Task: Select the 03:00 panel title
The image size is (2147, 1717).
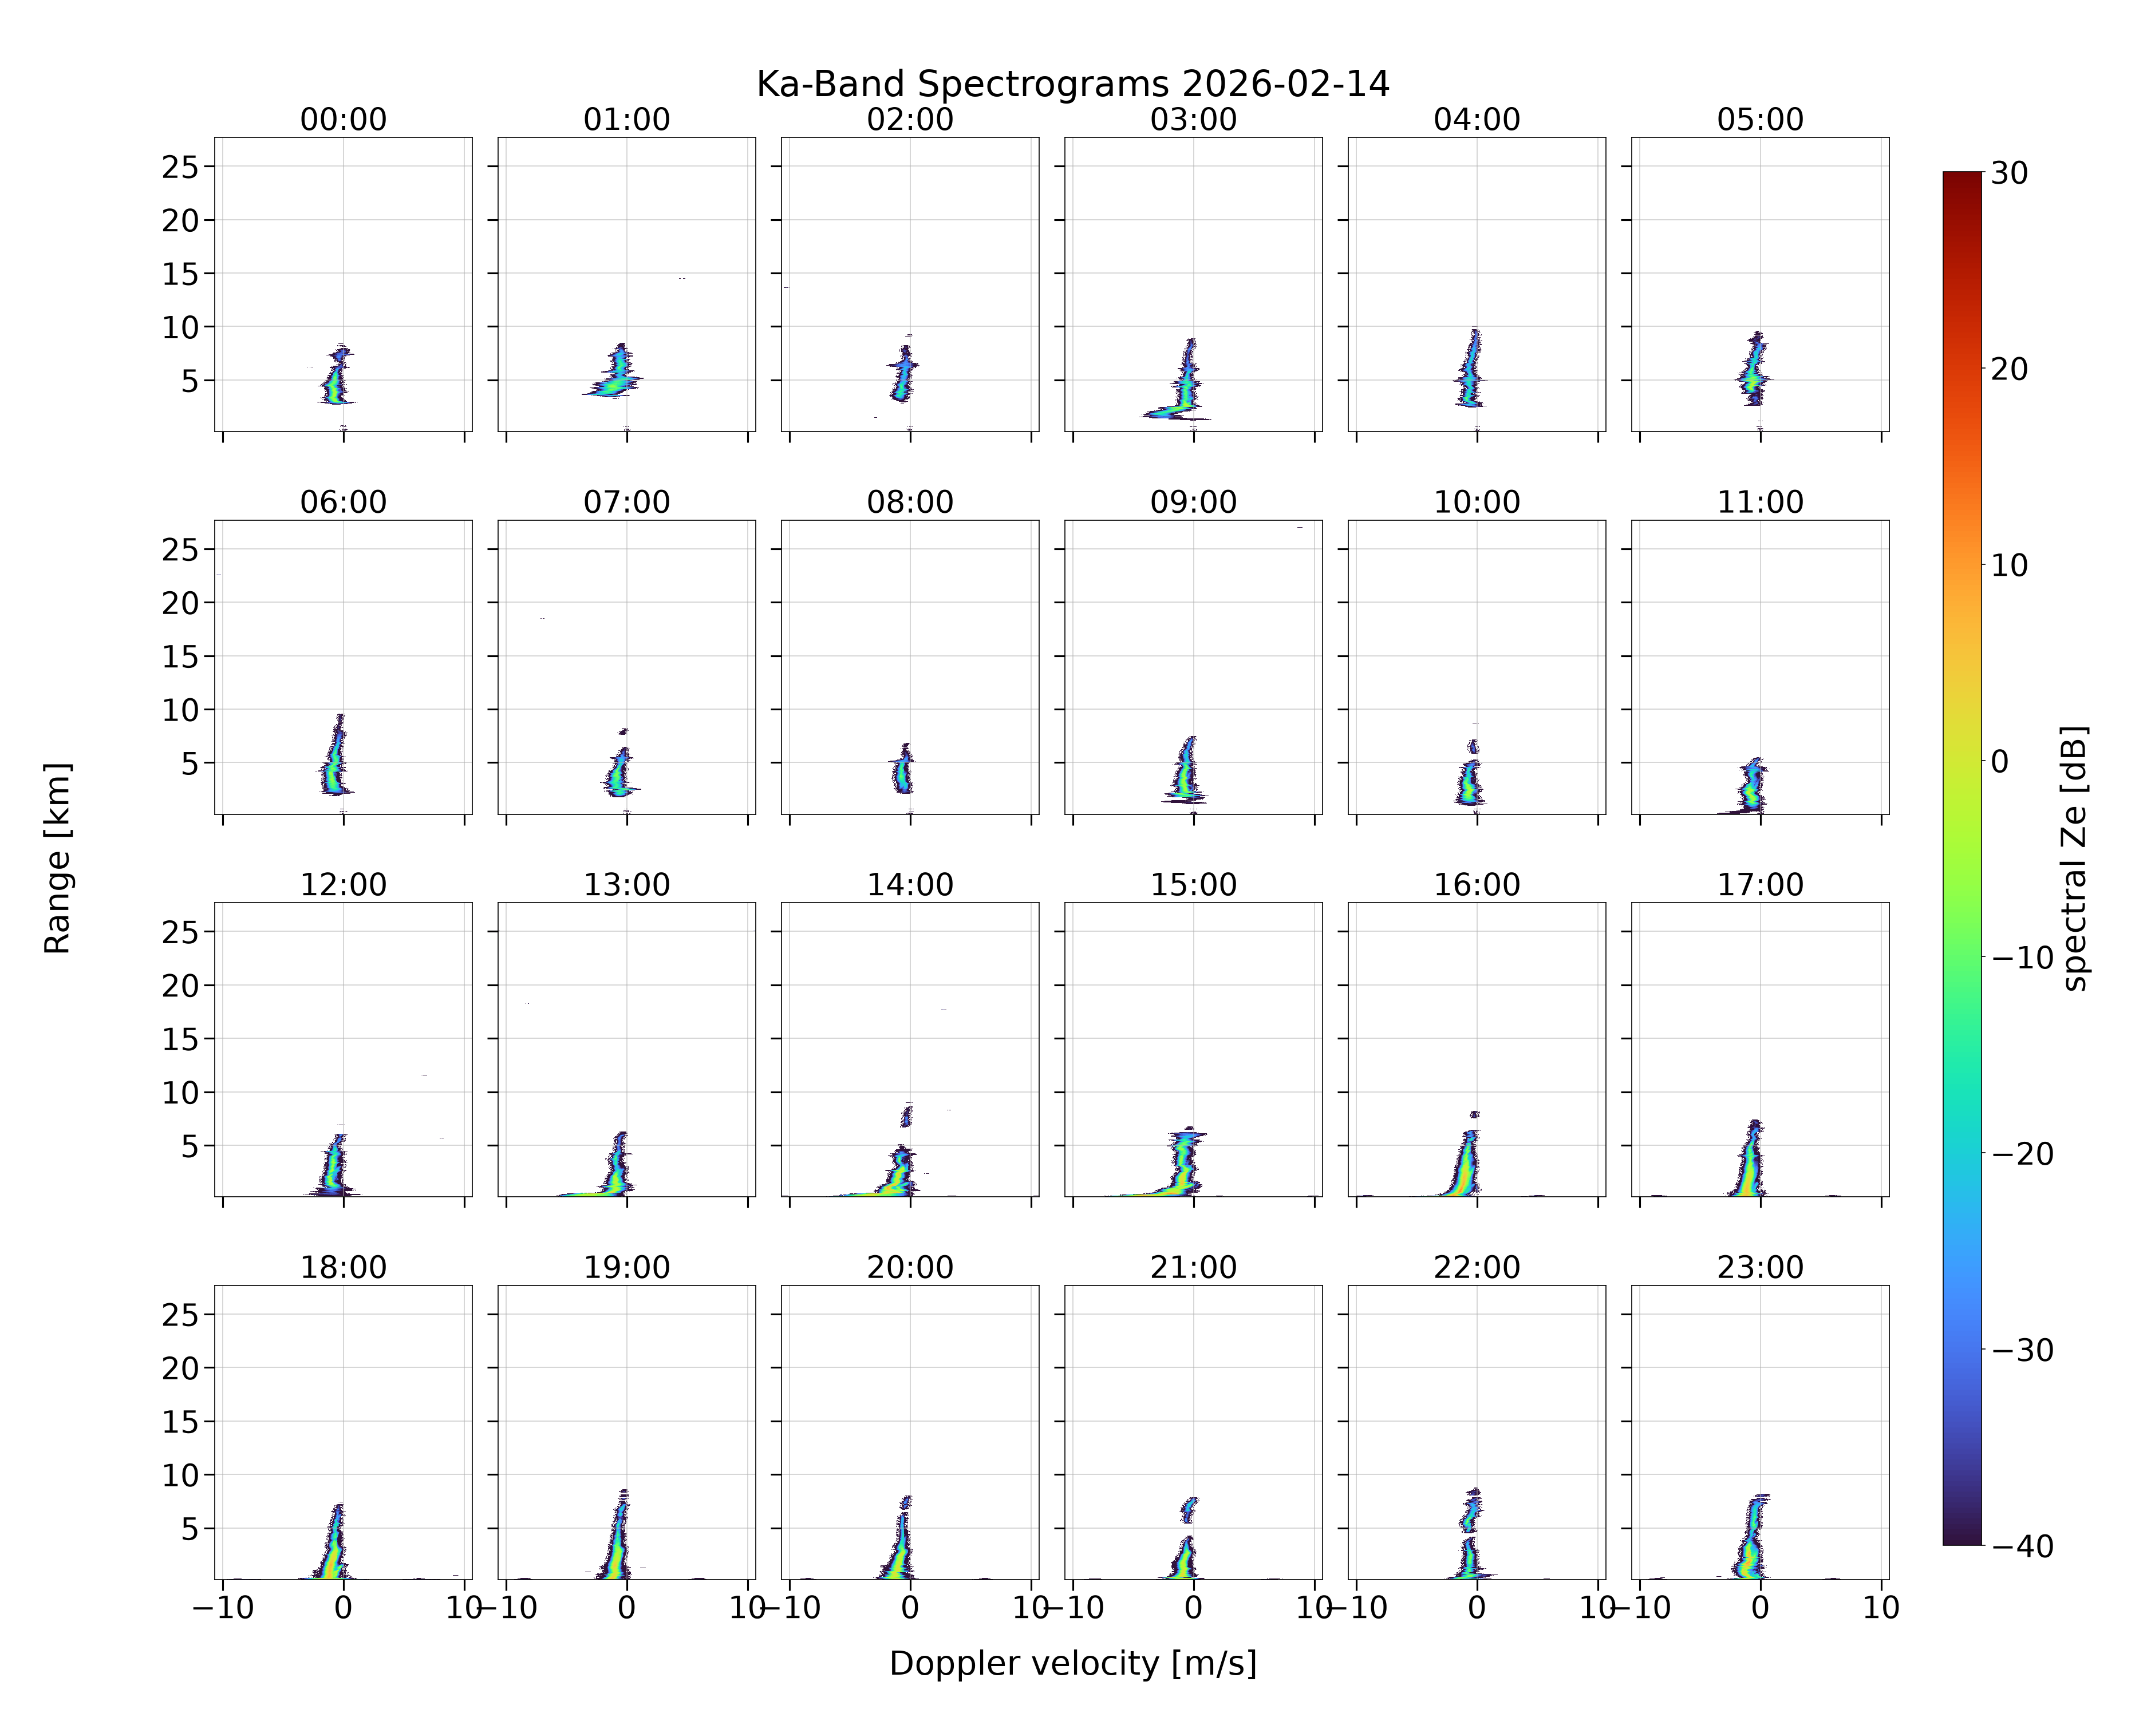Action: click(x=1193, y=120)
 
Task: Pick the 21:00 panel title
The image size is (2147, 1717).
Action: click(x=1193, y=1267)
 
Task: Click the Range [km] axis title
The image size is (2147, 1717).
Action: click(x=58, y=858)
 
